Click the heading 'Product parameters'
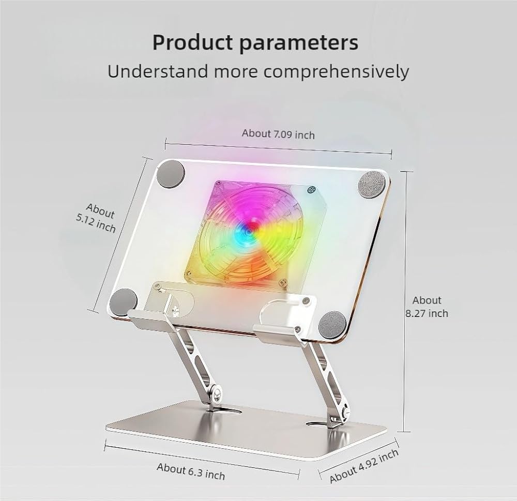(x=255, y=43)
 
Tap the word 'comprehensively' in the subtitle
(x=336, y=71)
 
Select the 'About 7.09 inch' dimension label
(x=278, y=133)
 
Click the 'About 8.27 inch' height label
(x=427, y=307)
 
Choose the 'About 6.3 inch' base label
(x=191, y=471)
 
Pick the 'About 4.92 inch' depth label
(x=364, y=465)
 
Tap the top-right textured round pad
(x=372, y=185)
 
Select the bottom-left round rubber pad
(x=124, y=302)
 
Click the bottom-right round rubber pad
(x=332, y=325)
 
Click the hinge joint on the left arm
(x=216, y=394)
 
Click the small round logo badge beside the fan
(x=311, y=190)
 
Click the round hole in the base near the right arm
(x=316, y=424)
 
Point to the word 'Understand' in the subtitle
(x=158, y=71)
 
